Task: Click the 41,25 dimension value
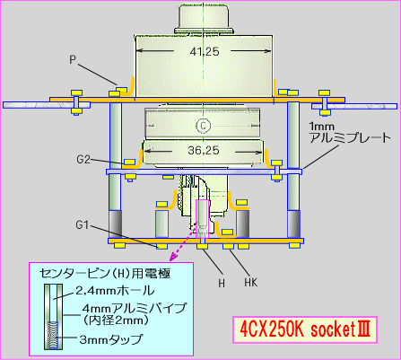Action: [x=205, y=52]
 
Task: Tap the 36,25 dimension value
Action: [x=204, y=150]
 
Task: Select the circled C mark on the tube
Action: [x=204, y=125]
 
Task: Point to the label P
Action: [x=73, y=60]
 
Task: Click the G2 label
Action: [x=83, y=160]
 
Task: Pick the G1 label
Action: [x=83, y=224]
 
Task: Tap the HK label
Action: [x=250, y=283]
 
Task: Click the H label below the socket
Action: [x=222, y=283]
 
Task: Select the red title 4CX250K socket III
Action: [x=305, y=329]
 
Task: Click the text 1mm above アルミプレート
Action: [x=321, y=127]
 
